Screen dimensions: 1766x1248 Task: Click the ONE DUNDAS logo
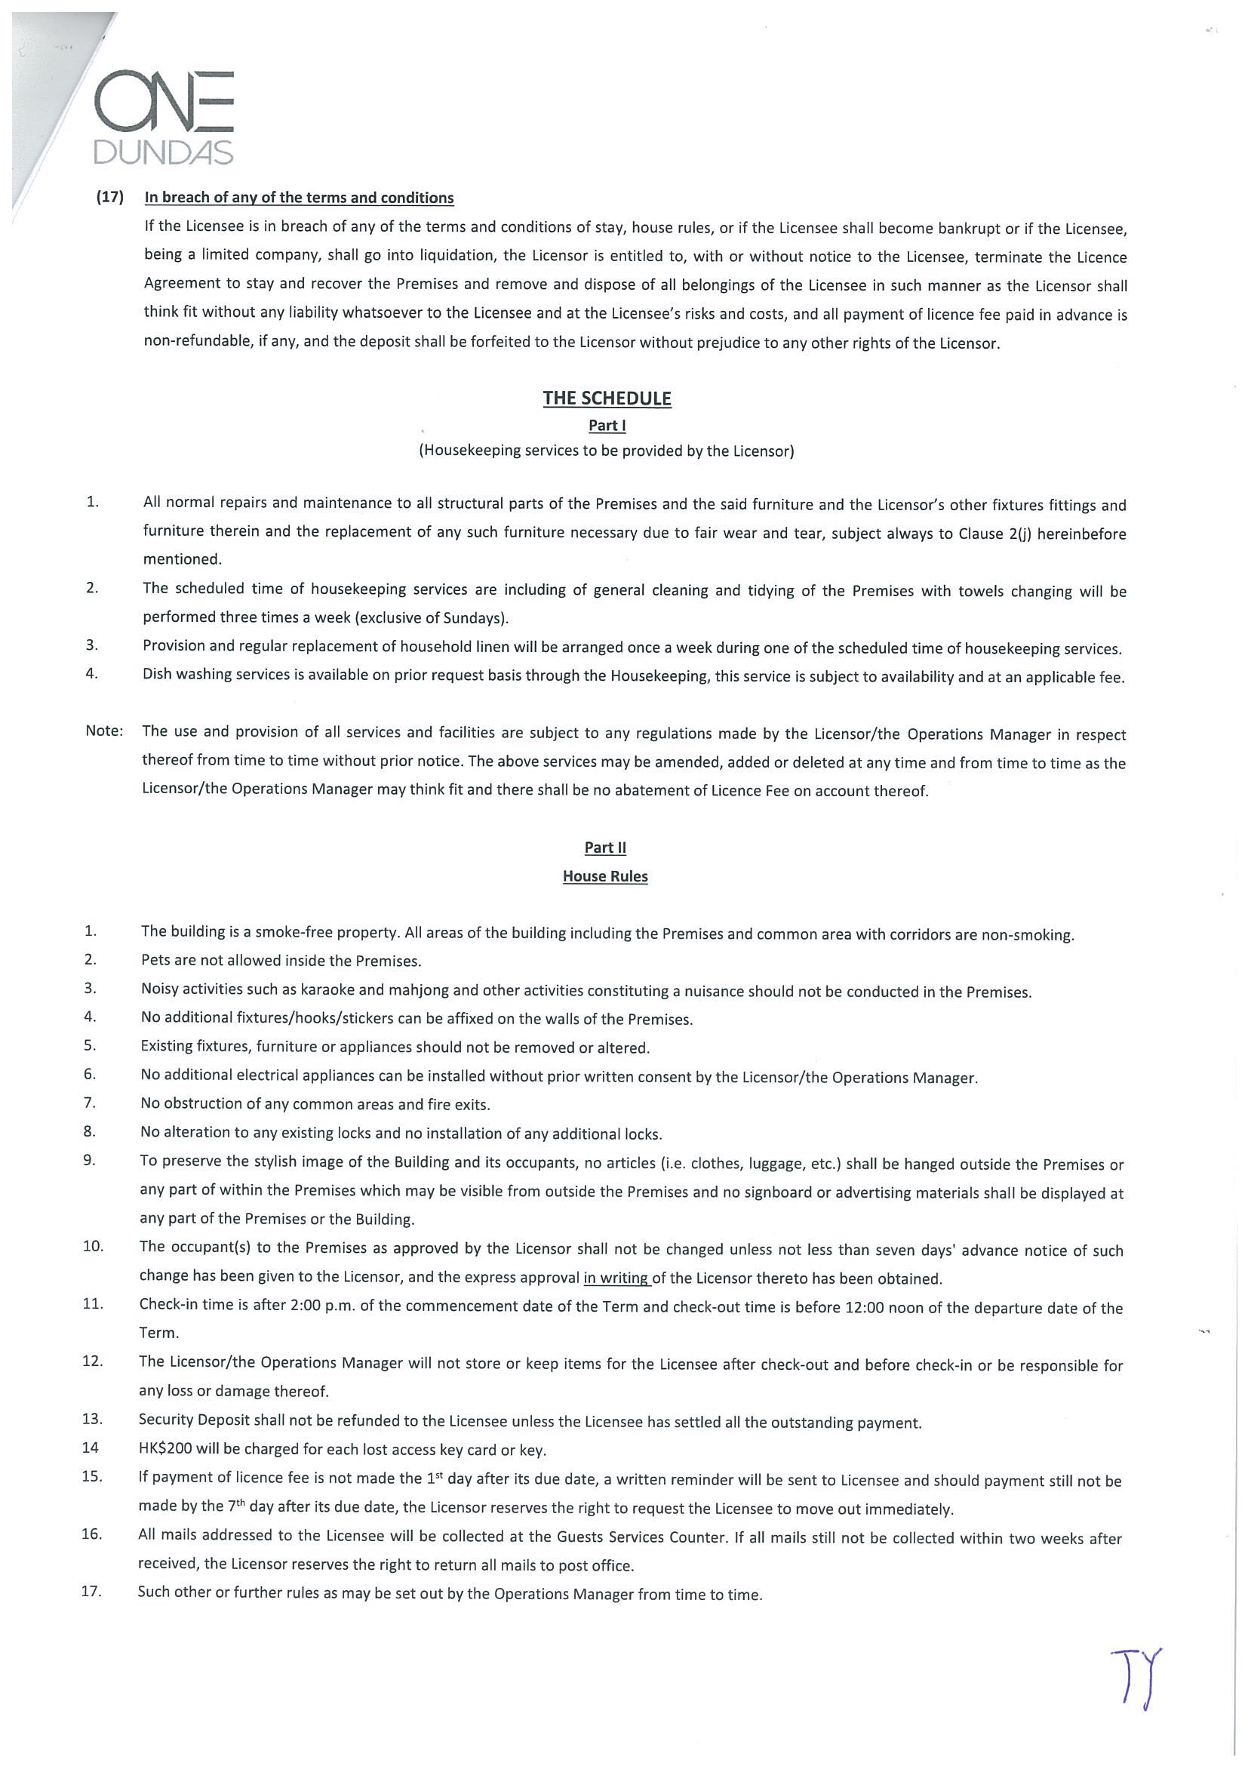(x=163, y=117)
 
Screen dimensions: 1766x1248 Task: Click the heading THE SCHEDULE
(x=607, y=398)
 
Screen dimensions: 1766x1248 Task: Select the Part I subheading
(x=607, y=426)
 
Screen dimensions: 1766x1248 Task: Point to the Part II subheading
(x=605, y=848)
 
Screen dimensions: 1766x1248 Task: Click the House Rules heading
(x=605, y=876)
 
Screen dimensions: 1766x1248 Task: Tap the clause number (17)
(x=110, y=197)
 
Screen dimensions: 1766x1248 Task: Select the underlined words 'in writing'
(x=616, y=1278)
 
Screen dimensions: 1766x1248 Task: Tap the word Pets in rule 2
(x=155, y=961)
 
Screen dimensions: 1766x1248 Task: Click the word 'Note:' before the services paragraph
(x=104, y=731)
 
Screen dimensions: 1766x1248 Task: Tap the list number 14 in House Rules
(x=90, y=1448)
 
